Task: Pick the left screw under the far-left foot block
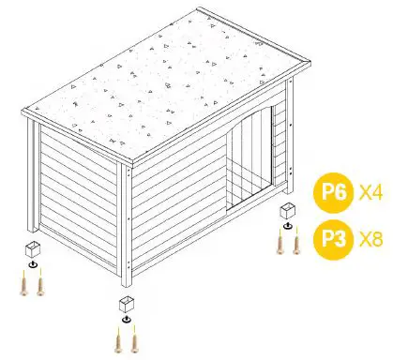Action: [x=23, y=283]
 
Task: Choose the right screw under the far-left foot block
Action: [x=39, y=283]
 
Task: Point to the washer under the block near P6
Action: [x=287, y=225]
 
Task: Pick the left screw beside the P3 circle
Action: [x=279, y=241]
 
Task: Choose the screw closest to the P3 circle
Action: [x=296, y=241]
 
